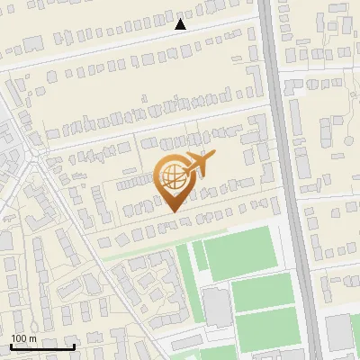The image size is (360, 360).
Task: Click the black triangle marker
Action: point(180,24)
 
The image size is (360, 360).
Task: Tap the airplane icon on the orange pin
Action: point(197,165)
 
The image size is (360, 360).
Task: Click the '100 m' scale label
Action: point(24,338)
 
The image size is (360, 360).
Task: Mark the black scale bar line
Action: point(42,346)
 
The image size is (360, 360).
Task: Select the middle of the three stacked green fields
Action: point(264,292)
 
